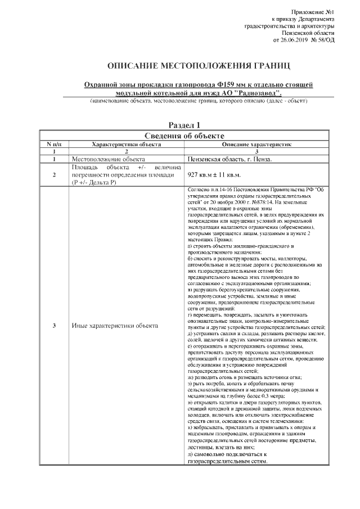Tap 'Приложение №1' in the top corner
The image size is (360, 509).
click(313, 12)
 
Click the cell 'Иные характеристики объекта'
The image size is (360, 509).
click(115, 326)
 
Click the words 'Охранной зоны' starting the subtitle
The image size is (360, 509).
click(103, 84)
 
